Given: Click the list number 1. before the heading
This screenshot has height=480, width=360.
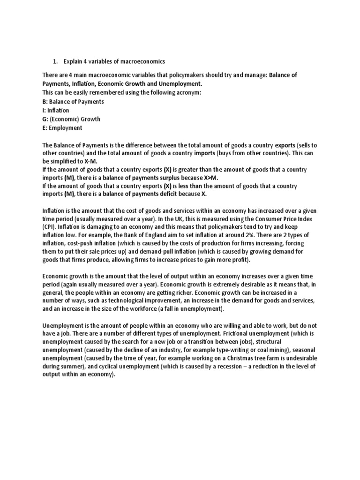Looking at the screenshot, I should tap(54, 61).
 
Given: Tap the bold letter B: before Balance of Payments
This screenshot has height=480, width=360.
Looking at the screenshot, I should tap(45, 101).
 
